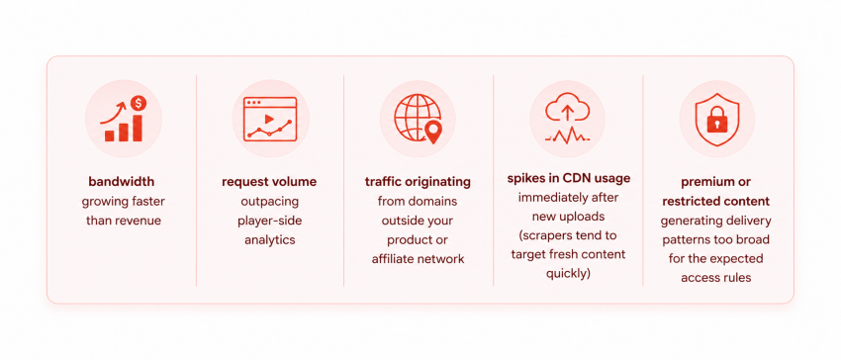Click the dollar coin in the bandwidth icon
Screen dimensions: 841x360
pos(139,102)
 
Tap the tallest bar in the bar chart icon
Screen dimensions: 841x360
pos(138,128)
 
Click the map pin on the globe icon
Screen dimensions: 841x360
pos(432,131)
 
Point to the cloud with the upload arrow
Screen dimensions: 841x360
pos(567,110)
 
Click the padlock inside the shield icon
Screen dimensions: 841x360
pos(716,122)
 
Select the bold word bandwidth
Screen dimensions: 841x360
pos(122,181)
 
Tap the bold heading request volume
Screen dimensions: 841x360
pos(269,182)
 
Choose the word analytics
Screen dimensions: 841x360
pos(270,239)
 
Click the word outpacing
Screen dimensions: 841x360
pos(270,201)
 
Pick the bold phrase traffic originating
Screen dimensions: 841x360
pos(418,182)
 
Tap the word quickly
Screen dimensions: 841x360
pos(568,274)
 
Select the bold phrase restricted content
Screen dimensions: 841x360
pos(716,201)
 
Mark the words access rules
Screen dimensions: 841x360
pos(716,278)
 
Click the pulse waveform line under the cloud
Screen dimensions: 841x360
pos(568,136)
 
